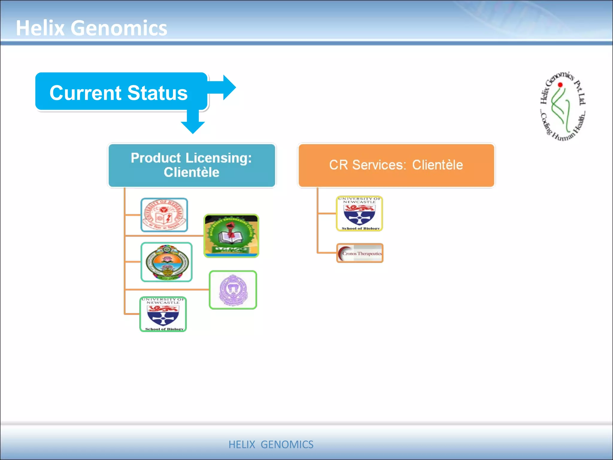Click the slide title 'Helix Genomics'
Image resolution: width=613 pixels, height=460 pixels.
click(x=91, y=28)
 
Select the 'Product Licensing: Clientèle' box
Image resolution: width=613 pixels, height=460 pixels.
click(x=192, y=165)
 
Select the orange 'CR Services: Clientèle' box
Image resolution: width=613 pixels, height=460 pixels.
click(x=396, y=165)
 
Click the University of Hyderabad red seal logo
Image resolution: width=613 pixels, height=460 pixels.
click(x=164, y=215)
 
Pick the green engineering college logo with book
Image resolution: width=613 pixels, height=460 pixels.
click(x=231, y=236)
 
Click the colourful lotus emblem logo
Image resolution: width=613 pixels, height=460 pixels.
click(x=166, y=262)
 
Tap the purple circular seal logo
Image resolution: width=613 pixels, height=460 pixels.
click(x=233, y=290)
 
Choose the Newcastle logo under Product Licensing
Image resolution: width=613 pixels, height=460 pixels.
click(x=163, y=314)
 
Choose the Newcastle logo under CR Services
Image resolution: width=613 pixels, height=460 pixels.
click(x=359, y=214)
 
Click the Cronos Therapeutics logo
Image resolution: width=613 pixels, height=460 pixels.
click(x=360, y=253)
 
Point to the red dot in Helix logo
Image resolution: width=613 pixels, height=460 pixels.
click(x=560, y=85)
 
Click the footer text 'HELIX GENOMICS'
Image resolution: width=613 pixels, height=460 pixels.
click(x=271, y=444)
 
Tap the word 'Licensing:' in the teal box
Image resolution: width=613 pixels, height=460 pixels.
click(x=219, y=158)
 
